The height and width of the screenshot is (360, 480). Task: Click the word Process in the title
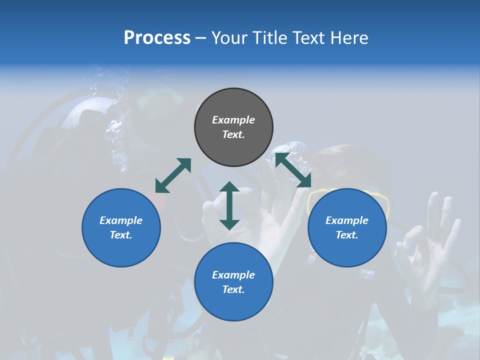pyautogui.click(x=157, y=38)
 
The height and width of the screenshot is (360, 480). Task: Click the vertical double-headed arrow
pyautogui.click(x=229, y=205)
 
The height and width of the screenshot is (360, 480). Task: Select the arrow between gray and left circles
pyautogui.click(x=173, y=175)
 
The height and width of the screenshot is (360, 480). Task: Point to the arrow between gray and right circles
pyautogui.click(x=293, y=170)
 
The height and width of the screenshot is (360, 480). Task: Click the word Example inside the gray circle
pyautogui.click(x=233, y=120)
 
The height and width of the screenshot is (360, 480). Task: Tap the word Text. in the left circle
pyautogui.click(x=121, y=235)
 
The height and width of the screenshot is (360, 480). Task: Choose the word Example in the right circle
pyautogui.click(x=347, y=220)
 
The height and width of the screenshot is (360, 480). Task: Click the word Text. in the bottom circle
pyautogui.click(x=233, y=289)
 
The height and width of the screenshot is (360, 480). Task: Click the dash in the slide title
pyautogui.click(x=200, y=38)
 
